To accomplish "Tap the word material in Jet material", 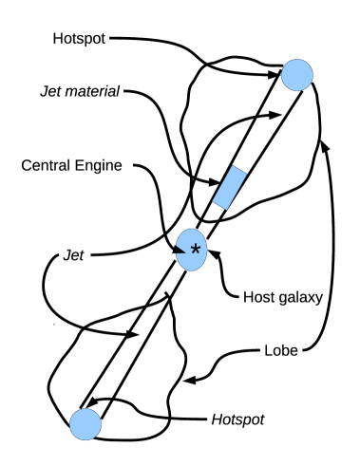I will tap(98, 93).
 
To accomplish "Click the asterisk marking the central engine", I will tap(196, 250).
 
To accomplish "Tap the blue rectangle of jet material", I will tap(230, 186).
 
